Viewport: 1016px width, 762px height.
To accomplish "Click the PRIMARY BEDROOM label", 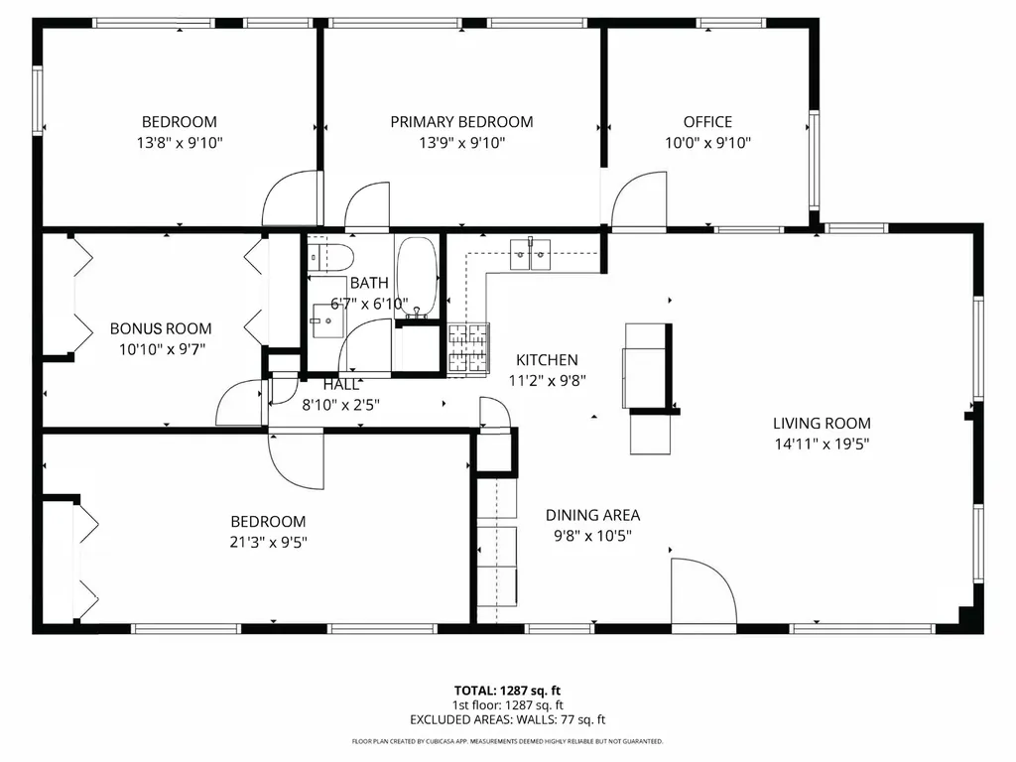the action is coord(461,122).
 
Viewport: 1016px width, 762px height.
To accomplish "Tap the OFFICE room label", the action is coord(707,122).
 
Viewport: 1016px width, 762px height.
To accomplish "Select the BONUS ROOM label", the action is coord(161,328).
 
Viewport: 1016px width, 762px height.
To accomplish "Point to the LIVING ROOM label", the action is coord(822,423).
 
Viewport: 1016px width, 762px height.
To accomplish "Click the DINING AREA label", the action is coord(593,515).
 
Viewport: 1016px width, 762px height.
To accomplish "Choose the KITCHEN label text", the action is coord(547,359).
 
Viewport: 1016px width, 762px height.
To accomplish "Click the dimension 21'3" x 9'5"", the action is coord(268,542).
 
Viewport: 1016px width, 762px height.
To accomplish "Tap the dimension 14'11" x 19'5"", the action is coord(822,444).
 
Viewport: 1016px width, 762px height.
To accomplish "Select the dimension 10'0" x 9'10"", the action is coord(707,143).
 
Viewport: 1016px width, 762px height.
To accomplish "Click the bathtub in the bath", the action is coord(418,278).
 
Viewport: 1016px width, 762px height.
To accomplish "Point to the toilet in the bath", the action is coord(329,257).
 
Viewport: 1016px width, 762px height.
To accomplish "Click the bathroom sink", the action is coord(328,320).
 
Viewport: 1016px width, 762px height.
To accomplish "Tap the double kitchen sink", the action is coord(530,255).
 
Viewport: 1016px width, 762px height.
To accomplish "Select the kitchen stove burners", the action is coord(468,348).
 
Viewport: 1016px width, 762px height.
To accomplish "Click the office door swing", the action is coord(639,200).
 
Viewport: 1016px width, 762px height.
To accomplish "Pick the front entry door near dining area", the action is coord(703,595).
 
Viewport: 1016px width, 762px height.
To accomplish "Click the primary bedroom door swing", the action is coord(367,206).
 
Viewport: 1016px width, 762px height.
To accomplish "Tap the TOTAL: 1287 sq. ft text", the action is coord(507,691).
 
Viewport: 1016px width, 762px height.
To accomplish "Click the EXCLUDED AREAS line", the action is coord(507,719).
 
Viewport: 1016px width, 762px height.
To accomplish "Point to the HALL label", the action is coord(341,384).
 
